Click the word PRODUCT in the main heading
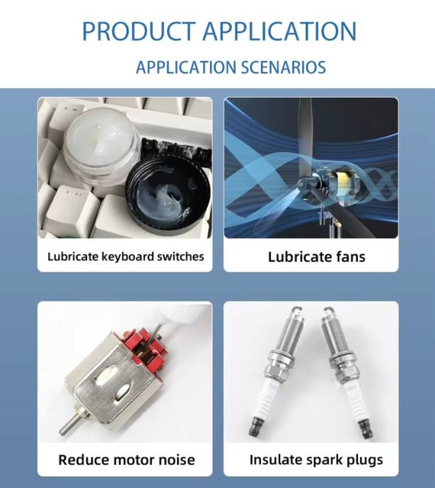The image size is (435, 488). point(139,31)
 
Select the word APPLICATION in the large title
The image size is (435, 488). point(279,31)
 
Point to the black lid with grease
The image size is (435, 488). point(168,194)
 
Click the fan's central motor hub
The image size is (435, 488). point(330,185)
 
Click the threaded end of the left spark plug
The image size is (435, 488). point(289,330)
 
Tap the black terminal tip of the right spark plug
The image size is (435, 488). point(365,429)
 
